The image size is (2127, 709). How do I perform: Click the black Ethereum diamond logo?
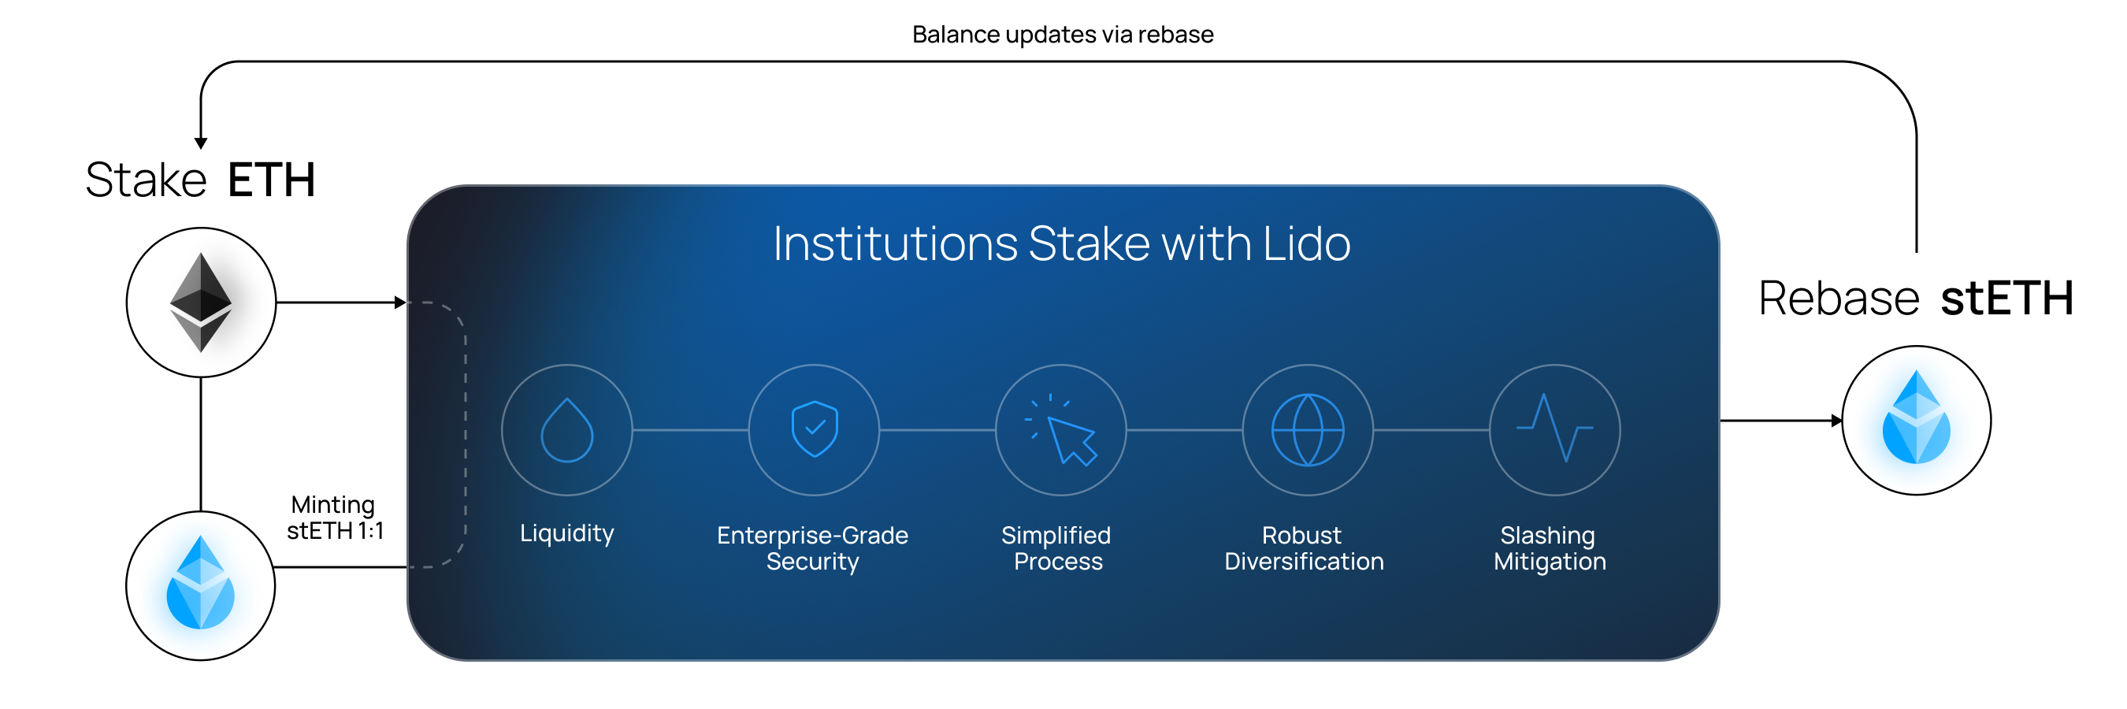(x=201, y=302)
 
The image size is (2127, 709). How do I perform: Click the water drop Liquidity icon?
(x=566, y=430)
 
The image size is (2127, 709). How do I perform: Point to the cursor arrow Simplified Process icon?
(x=1061, y=430)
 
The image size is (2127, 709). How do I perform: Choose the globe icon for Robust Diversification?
(x=1308, y=430)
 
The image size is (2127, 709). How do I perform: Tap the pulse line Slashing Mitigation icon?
(x=1555, y=428)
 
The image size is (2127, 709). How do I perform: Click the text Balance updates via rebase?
(x=1063, y=35)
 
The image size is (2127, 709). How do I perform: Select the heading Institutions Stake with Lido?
(x=1062, y=243)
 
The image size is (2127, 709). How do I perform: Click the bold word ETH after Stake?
(x=272, y=180)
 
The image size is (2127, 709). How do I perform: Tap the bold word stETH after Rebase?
(x=2007, y=298)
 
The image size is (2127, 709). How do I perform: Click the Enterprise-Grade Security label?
(x=812, y=548)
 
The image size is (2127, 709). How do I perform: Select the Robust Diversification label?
(x=1304, y=548)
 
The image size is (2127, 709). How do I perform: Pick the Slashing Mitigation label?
(x=1550, y=548)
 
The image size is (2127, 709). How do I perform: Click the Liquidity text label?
(x=566, y=533)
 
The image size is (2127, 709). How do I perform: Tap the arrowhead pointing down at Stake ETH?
(x=201, y=143)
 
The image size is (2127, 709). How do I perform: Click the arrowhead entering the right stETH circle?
(x=1836, y=421)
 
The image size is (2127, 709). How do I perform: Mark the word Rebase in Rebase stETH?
(x=1839, y=298)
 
